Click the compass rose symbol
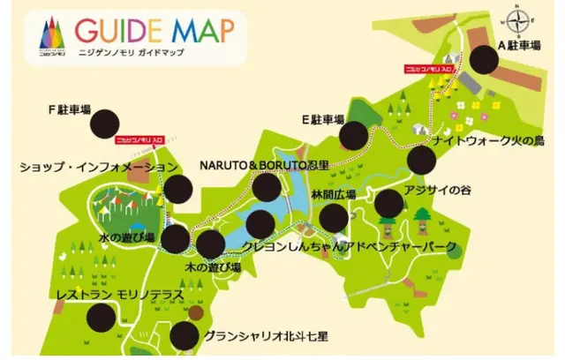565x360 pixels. click(520, 19)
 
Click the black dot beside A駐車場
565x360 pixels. click(485, 60)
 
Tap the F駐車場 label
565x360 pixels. click(70, 110)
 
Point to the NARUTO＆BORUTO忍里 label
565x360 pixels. click(264, 165)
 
